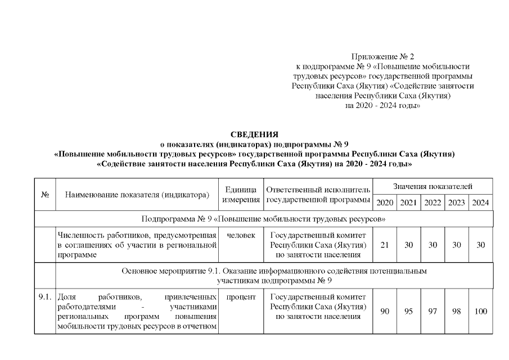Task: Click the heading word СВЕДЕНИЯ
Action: (254, 134)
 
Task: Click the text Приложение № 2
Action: (382, 57)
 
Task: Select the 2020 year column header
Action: (385, 202)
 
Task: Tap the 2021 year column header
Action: (409, 202)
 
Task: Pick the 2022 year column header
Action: (433, 202)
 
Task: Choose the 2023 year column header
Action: (456, 202)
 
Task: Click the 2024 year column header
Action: (481, 202)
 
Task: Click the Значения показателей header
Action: (433, 186)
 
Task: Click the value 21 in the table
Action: (385, 245)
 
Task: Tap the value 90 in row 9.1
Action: (385, 311)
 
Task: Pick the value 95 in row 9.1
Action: (409, 311)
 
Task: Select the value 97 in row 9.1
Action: (433, 311)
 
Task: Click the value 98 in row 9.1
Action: (456, 311)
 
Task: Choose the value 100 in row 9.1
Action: (481, 311)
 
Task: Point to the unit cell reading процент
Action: (241, 296)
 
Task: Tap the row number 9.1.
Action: (45, 296)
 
